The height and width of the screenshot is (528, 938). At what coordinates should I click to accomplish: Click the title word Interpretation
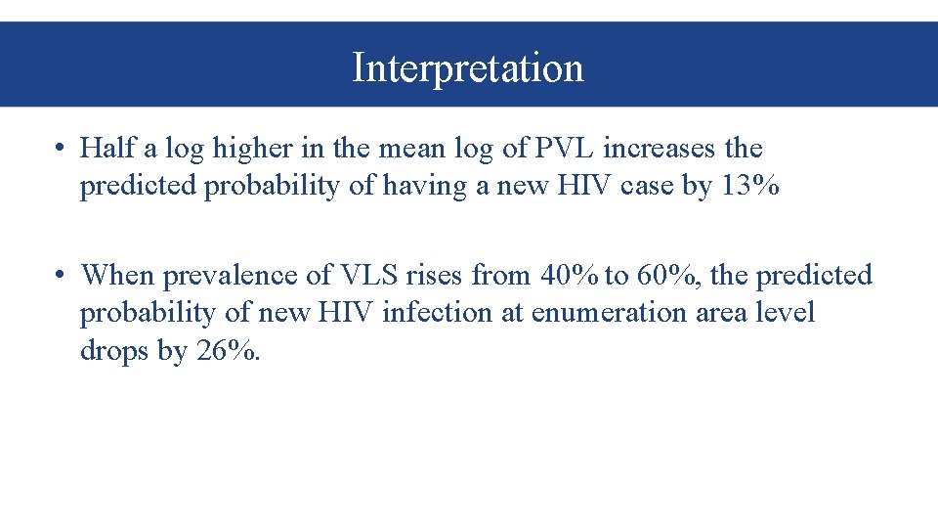(x=468, y=67)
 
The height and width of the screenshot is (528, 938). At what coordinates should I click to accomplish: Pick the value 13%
(x=749, y=186)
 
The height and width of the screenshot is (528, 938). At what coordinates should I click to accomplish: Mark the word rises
(x=433, y=275)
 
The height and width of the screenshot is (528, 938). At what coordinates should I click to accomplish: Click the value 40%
(x=569, y=275)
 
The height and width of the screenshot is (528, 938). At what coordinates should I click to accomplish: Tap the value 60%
(x=667, y=275)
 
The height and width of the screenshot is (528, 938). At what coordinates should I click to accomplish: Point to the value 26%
(x=228, y=349)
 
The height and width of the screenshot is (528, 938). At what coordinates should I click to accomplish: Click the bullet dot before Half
(x=61, y=150)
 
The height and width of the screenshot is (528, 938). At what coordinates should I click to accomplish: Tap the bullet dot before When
(x=61, y=276)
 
